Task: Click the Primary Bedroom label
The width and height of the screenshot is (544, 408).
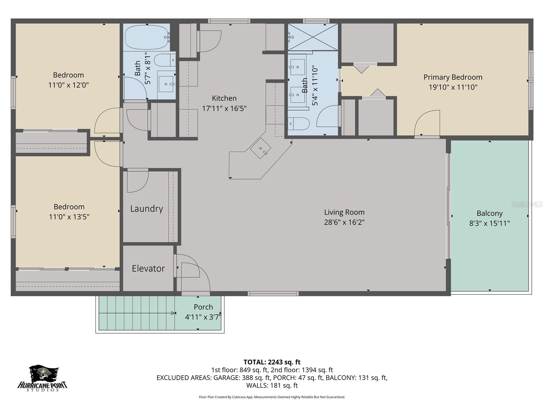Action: tap(453, 77)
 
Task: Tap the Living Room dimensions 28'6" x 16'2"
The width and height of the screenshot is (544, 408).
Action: tap(344, 222)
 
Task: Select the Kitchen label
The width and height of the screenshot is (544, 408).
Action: tap(224, 98)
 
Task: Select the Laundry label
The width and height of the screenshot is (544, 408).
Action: tap(147, 208)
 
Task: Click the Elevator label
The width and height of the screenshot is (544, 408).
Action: tap(148, 269)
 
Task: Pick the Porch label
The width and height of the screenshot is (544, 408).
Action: tap(203, 307)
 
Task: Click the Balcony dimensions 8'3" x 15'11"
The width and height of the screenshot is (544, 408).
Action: tap(489, 223)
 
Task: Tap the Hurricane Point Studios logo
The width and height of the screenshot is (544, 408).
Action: tap(42, 378)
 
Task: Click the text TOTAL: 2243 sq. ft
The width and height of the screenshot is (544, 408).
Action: tap(272, 362)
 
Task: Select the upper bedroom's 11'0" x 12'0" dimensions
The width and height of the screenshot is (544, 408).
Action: tap(68, 85)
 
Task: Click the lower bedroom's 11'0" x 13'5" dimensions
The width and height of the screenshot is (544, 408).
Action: tap(69, 217)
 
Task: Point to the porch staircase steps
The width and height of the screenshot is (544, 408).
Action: tap(136, 313)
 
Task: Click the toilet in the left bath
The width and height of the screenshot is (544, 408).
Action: tap(164, 61)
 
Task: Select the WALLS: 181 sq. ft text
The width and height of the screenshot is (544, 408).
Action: tap(272, 386)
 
